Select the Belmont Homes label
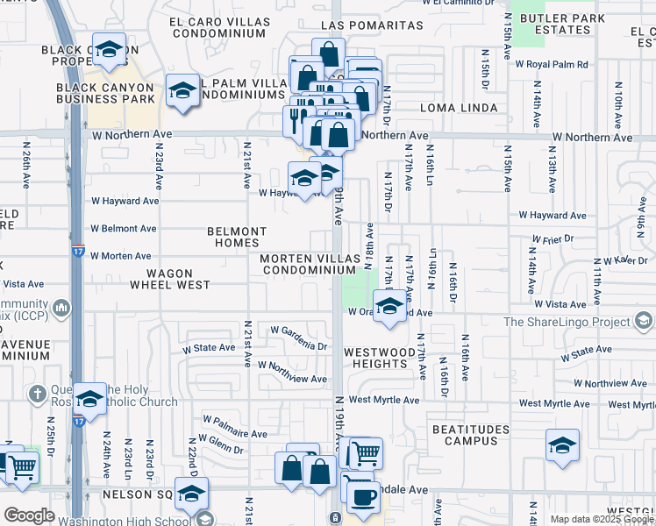click(237, 238)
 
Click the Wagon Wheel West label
click(171, 279)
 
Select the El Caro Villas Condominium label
click(218, 26)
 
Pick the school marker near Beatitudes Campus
click(562, 444)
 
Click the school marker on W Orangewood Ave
click(389, 307)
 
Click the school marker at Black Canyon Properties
click(109, 51)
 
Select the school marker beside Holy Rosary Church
click(89, 400)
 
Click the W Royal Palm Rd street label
click(551, 64)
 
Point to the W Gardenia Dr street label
click(298, 338)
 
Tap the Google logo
click(29, 515)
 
